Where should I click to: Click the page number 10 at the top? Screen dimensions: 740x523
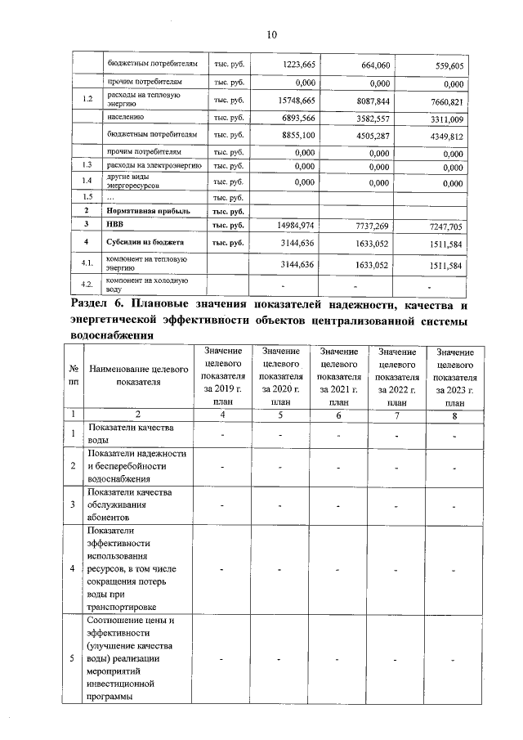coord(272,34)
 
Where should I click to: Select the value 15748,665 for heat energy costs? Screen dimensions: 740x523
coord(297,101)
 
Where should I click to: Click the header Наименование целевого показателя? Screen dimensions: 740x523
coord(138,375)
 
